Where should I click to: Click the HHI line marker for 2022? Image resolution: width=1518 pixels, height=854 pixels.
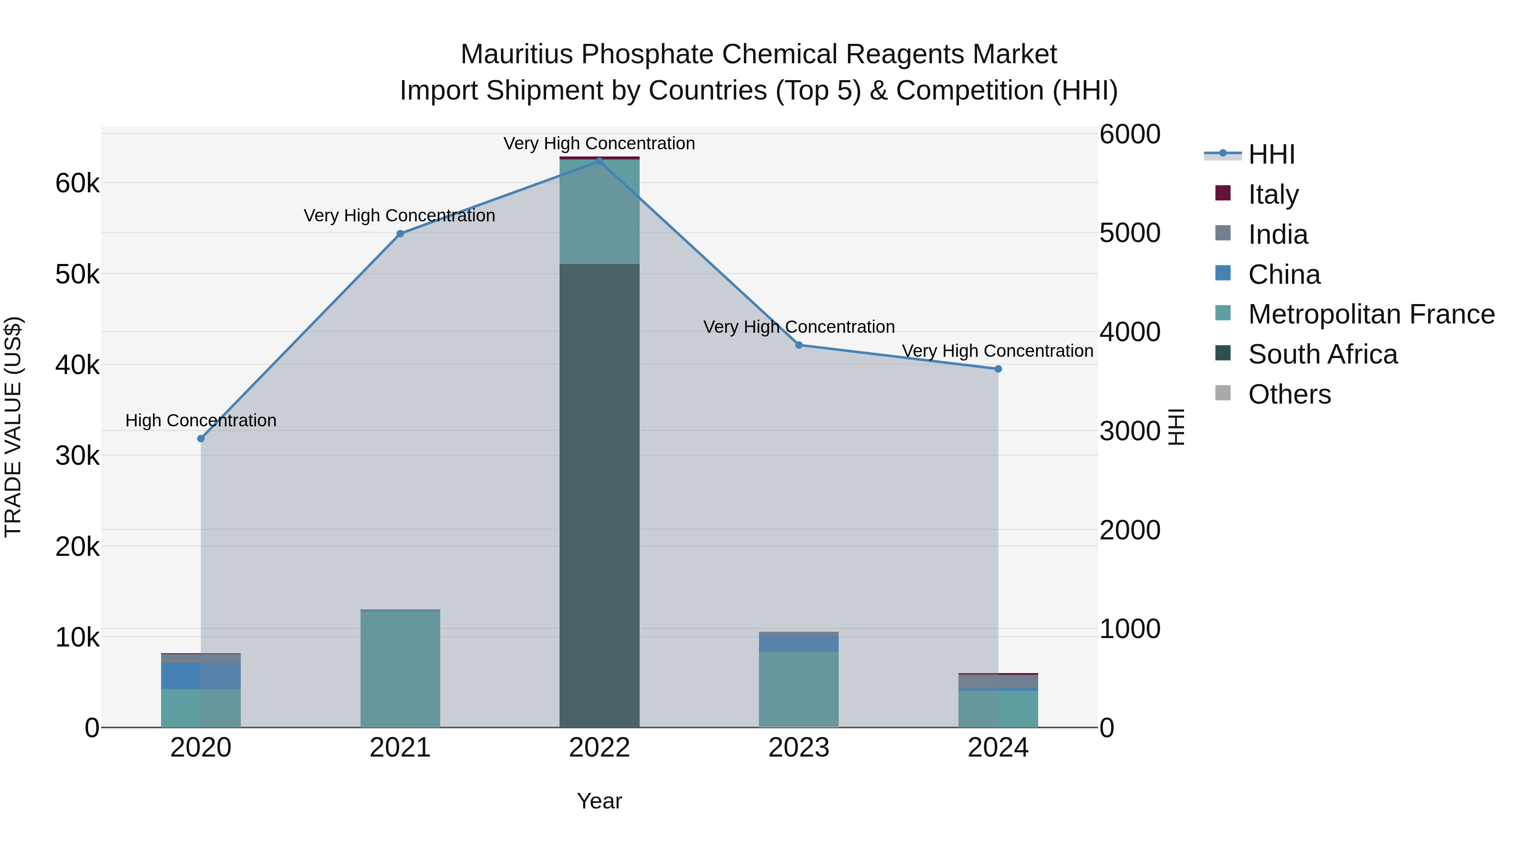599,161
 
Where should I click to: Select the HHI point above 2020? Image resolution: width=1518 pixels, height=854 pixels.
201,439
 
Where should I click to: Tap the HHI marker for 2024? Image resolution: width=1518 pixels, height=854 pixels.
998,369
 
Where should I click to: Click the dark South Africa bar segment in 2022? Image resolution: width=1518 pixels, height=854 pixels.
599,495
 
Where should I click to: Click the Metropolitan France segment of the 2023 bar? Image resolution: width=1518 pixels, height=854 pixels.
799,690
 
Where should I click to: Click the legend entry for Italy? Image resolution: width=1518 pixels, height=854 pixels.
1273,194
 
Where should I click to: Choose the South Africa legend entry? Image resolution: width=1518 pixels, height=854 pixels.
1322,355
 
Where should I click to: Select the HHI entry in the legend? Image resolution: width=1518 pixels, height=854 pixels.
1271,154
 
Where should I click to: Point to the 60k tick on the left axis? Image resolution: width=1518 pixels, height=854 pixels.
77,183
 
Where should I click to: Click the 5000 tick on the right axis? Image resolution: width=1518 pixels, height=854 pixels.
1130,233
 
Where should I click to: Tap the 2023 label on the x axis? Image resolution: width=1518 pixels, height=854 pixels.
799,748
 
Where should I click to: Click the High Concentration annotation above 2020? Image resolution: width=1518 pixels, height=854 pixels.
201,420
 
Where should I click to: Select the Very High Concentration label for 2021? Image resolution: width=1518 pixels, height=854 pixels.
400,216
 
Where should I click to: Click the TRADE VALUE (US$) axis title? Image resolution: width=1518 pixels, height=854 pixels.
13,427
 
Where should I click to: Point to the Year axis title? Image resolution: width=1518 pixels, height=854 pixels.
599,801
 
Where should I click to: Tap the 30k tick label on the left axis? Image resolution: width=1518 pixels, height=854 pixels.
77,455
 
